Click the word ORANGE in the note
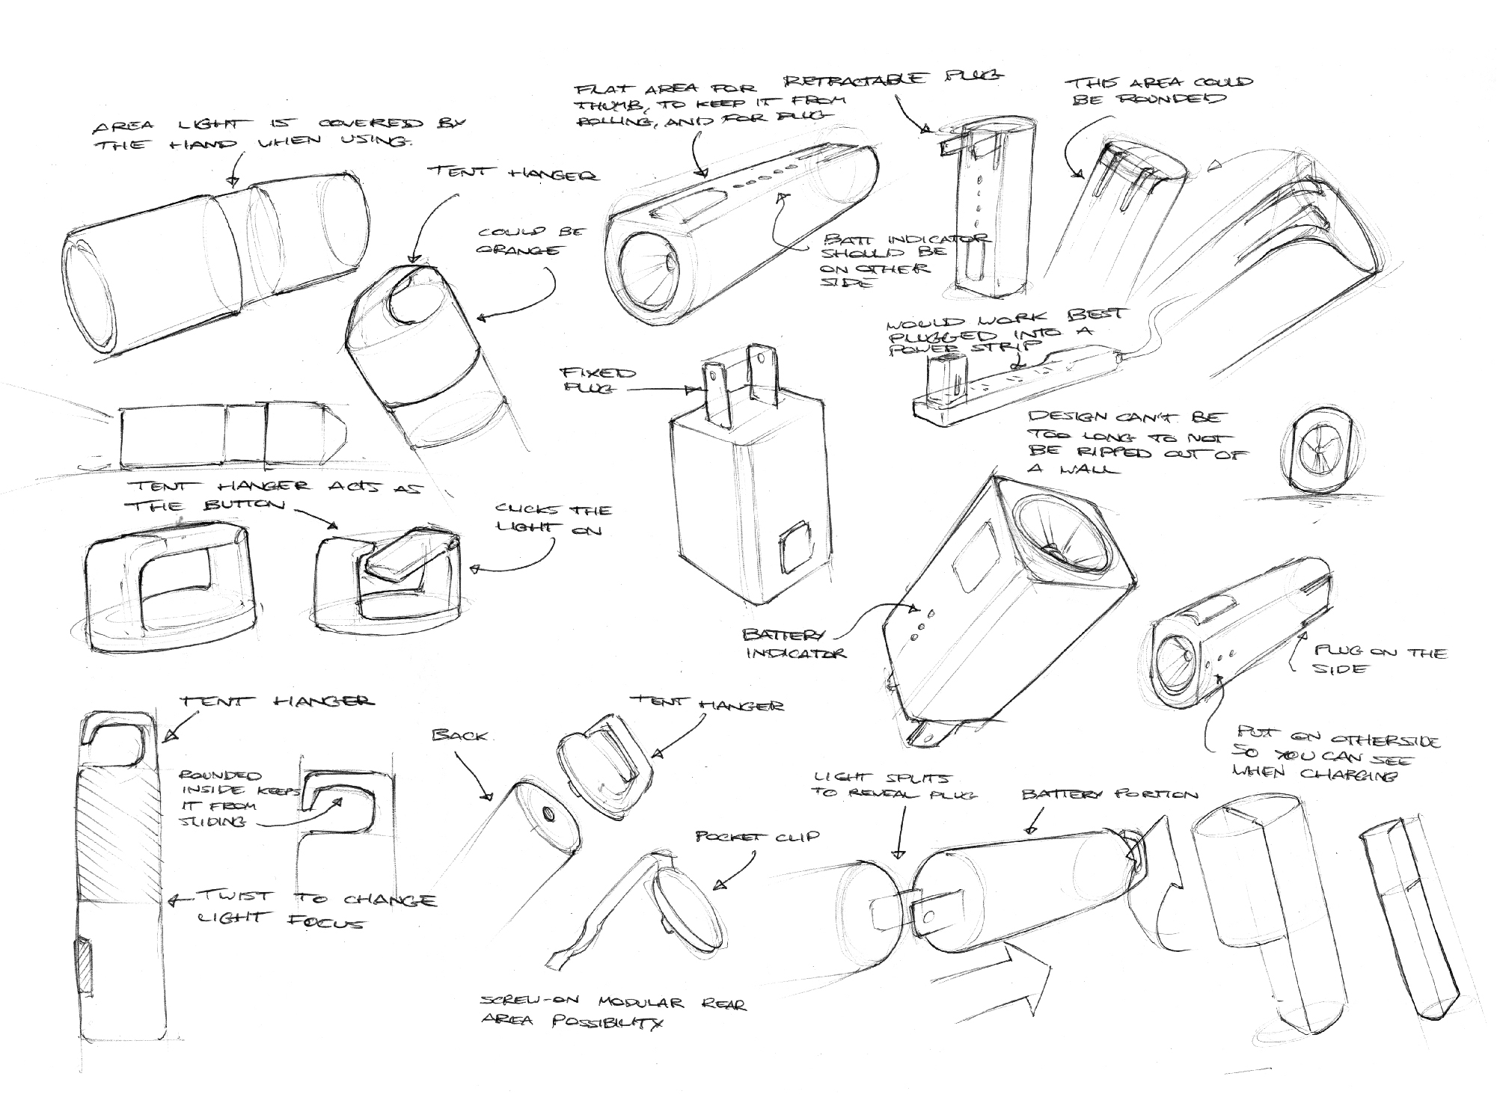518,251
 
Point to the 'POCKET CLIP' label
757,836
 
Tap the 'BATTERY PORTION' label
1109,795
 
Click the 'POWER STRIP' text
964,345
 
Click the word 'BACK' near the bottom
459,736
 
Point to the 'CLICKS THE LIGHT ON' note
553,520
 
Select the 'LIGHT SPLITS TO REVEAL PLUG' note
896,786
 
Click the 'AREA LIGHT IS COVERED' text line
276,125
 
